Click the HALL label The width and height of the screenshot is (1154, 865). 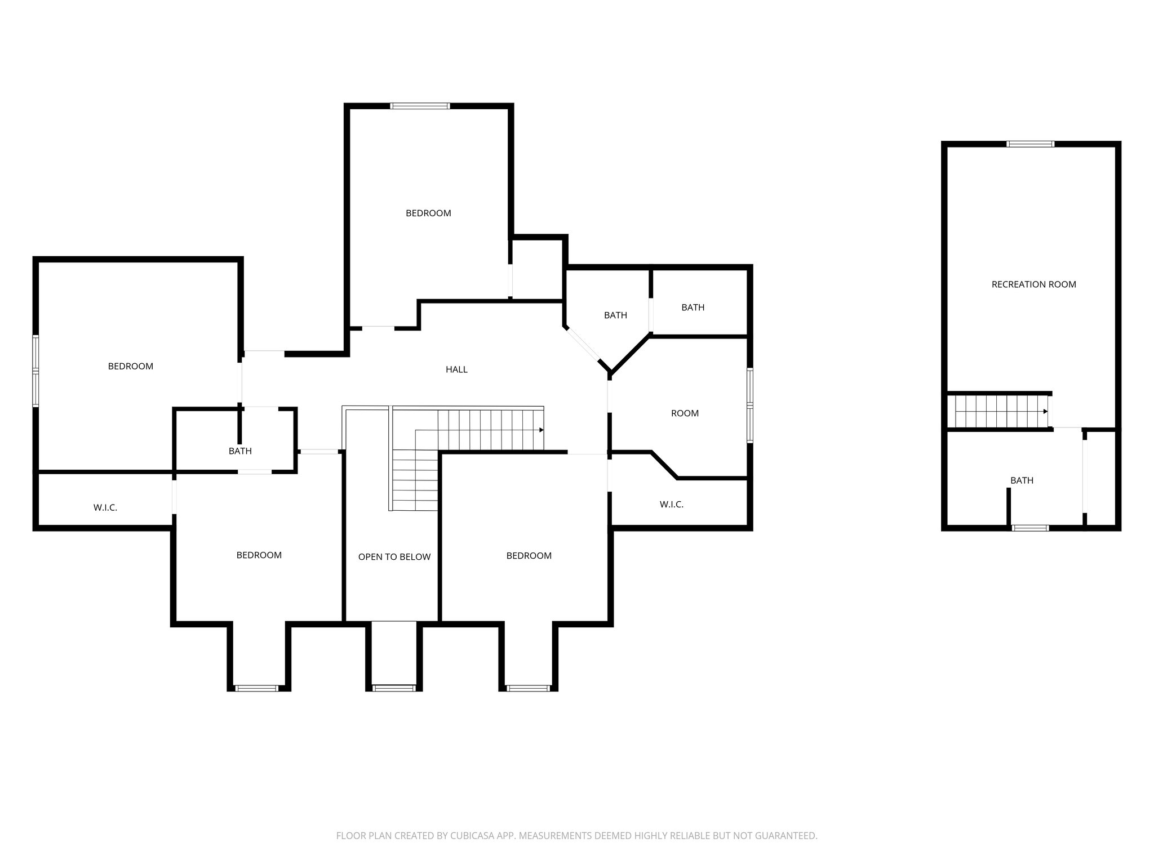(456, 369)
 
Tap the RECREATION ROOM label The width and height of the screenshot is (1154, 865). (1033, 284)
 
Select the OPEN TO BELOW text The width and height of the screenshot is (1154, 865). (394, 557)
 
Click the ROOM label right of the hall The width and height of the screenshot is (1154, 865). (685, 413)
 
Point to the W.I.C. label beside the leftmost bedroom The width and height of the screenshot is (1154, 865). (105, 507)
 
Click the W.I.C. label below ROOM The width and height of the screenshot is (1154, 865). (671, 505)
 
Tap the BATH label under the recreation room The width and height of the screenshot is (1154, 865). (1022, 480)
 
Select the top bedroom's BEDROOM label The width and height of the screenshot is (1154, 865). (428, 213)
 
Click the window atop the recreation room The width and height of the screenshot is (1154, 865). (1030, 144)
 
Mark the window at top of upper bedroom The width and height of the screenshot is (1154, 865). (420, 106)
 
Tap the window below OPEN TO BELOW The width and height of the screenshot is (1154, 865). (394, 688)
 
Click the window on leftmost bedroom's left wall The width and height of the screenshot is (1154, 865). (35, 371)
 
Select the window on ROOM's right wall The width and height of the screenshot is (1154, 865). (750, 405)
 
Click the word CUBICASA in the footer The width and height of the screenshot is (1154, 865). (472, 836)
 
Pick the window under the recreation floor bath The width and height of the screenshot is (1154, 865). (1030, 528)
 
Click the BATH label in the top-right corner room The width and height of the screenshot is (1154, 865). (693, 307)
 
